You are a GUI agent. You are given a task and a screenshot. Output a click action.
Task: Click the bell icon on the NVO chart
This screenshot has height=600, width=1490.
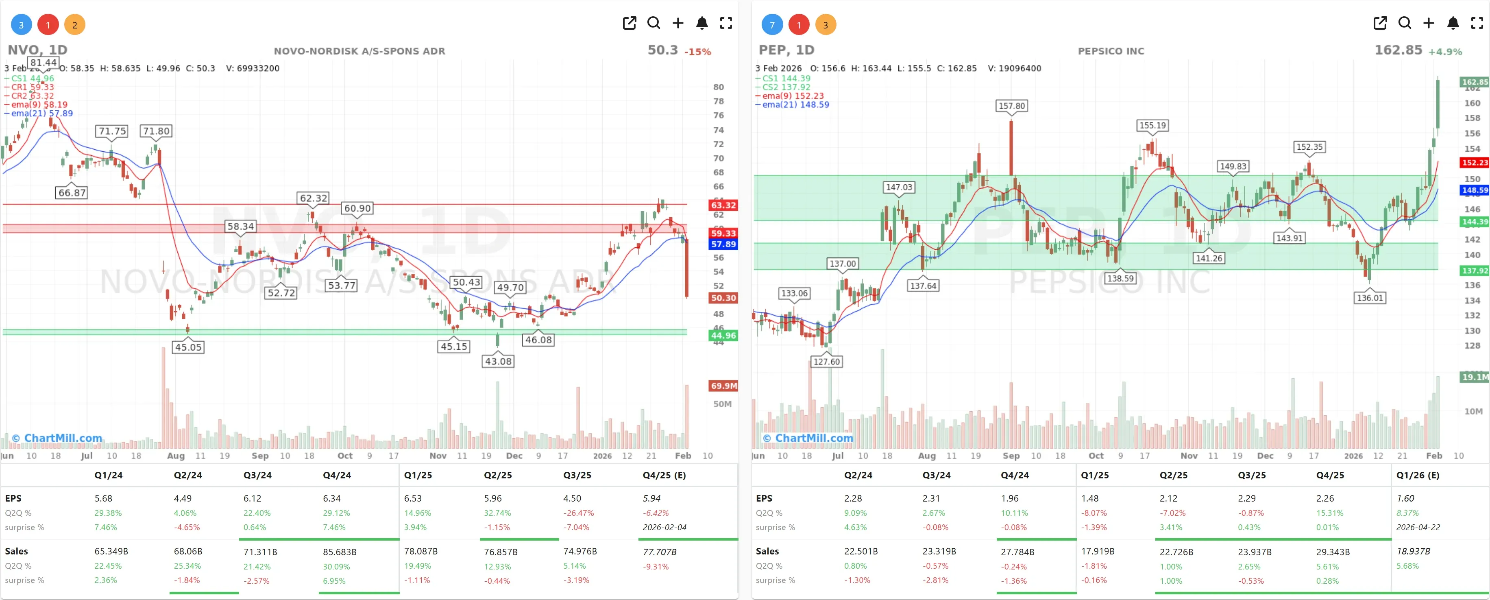coord(701,23)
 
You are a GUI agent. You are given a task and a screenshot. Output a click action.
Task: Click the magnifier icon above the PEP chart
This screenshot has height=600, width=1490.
coord(1404,23)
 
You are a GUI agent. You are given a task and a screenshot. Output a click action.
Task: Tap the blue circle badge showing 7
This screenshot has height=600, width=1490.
coord(771,25)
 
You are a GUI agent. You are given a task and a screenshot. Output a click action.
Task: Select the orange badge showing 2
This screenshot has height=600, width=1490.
coord(74,25)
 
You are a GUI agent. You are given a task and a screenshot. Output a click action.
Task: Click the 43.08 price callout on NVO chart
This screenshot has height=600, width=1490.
coord(498,361)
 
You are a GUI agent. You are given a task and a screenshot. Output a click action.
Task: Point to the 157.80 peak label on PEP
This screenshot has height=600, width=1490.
coord(1011,106)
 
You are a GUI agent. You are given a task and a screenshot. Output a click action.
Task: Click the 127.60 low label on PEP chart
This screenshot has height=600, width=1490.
coord(826,362)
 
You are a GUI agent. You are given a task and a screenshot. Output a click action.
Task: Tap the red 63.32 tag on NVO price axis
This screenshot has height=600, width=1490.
coord(723,205)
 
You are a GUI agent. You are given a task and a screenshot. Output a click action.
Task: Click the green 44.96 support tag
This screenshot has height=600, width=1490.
coord(723,336)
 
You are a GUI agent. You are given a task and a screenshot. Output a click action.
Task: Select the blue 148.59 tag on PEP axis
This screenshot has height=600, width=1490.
coord(1475,190)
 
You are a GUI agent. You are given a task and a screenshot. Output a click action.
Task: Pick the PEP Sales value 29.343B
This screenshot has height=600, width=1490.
coord(1333,552)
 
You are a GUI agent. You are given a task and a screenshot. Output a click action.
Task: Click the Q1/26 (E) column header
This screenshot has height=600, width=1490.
coord(1417,475)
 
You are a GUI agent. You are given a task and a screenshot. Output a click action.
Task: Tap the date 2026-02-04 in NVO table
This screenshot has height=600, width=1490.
coord(664,527)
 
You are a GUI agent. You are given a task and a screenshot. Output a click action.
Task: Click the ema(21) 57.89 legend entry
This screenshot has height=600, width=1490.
coord(41,113)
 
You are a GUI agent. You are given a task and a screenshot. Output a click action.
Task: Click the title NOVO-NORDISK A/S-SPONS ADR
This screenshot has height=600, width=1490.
coord(359,51)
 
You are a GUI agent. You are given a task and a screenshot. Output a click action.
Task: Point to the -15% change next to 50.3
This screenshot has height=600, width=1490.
coord(697,52)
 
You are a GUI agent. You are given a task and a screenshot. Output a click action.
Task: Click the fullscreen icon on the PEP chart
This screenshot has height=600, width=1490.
coord(1477,23)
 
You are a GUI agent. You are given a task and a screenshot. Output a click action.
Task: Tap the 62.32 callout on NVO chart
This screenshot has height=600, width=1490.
coord(313,198)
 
